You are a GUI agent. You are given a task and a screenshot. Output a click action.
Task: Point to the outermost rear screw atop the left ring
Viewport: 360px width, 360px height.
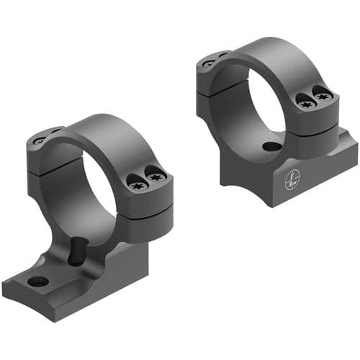(38, 140)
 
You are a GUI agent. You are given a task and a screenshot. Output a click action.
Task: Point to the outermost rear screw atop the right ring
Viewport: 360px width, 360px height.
(207, 63)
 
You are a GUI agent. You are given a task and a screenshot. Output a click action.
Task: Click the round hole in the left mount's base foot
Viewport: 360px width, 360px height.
(39, 281)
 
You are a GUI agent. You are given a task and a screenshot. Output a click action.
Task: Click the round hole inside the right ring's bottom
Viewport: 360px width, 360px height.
(271, 147)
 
